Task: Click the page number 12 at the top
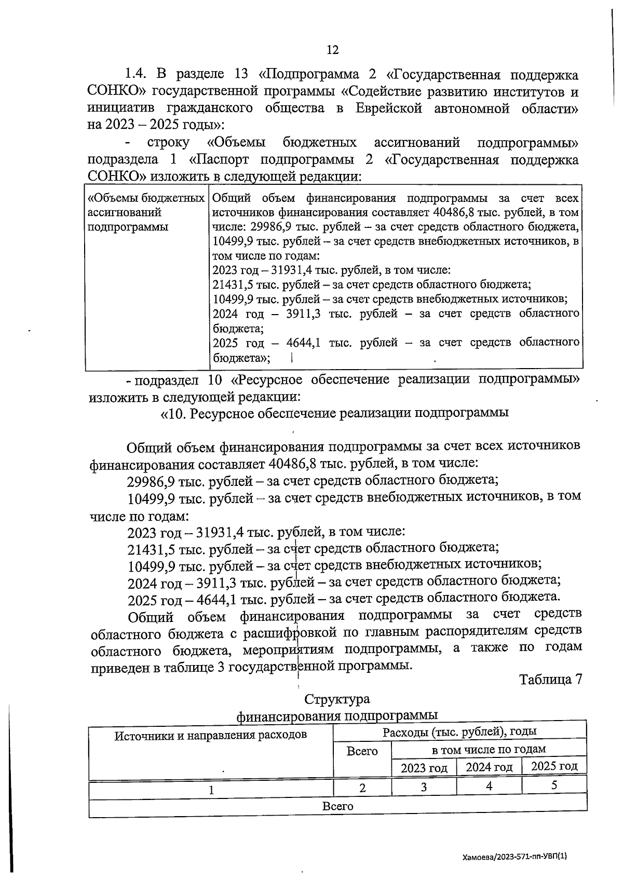332,50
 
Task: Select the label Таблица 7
550,680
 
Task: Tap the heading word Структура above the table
337,699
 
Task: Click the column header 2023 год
424,767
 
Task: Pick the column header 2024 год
489,767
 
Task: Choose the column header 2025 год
554,766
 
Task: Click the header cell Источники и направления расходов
210,735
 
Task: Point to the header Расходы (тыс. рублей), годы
459,732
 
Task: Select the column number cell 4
489,785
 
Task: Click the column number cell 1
211,790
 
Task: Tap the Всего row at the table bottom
337,806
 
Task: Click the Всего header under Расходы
362,751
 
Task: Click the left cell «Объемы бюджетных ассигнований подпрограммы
146,212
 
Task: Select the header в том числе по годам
489,749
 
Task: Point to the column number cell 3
424,787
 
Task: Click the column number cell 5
554,785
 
